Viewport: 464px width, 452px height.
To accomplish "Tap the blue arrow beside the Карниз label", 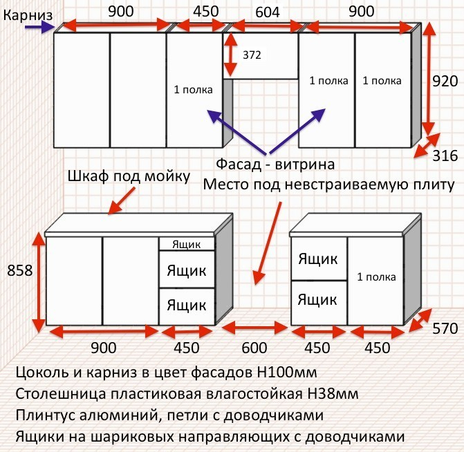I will tap(39, 28).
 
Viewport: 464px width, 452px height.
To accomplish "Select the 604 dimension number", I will tap(267, 11).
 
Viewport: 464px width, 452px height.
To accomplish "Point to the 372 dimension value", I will tap(251, 55).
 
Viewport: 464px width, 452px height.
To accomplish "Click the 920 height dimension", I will tap(445, 82).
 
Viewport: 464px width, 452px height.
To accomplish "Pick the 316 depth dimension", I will tap(445, 157).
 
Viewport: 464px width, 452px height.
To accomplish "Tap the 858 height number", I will tap(20, 271).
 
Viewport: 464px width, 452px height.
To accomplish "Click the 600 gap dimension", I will tap(254, 348).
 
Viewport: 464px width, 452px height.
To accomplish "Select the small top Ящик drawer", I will tap(187, 244).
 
